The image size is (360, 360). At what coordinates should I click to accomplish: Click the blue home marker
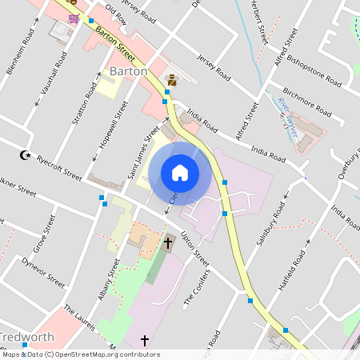(180, 172)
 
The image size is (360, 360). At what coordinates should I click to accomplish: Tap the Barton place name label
(127, 71)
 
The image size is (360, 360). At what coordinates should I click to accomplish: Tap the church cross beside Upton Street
(168, 241)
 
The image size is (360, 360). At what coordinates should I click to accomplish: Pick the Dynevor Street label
(42, 271)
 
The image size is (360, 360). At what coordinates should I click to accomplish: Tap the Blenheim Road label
(19, 53)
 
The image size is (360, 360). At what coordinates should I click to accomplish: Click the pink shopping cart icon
(74, 19)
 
